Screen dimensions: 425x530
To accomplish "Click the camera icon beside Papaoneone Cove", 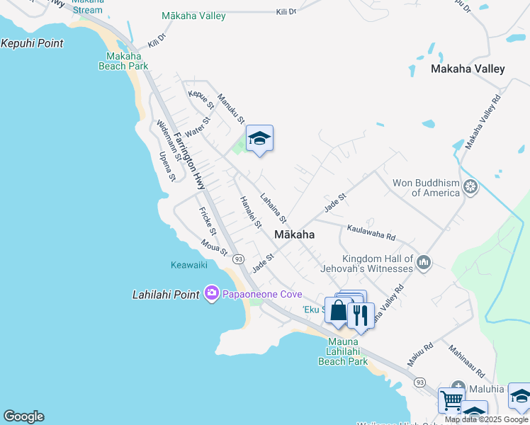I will (211, 293).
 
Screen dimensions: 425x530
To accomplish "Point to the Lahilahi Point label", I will (167, 294).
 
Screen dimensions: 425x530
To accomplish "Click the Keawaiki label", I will (189, 266).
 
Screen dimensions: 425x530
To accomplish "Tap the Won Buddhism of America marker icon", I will (470, 188).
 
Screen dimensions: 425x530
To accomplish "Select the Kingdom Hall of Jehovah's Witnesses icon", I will (424, 263).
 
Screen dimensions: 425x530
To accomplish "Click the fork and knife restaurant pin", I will (361, 314).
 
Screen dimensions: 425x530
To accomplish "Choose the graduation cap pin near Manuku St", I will (259, 138).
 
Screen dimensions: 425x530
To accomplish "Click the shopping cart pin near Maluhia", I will (451, 400).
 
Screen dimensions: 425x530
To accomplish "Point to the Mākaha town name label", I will (294, 234).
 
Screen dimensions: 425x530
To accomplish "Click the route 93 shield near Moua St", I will (238, 259).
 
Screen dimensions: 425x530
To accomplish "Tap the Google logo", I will (23, 416).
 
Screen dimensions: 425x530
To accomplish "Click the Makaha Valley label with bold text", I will (468, 69).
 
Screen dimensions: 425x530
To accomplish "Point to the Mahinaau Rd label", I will (466, 361).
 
